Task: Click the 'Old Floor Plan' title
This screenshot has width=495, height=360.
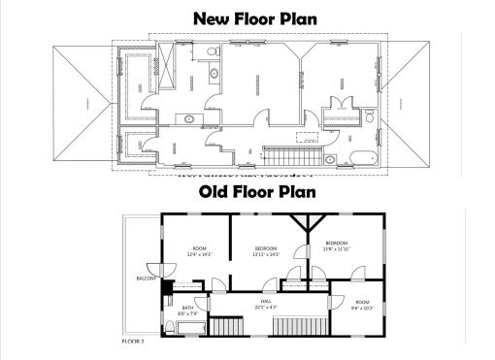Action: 257,192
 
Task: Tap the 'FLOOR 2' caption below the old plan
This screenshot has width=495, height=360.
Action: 133,342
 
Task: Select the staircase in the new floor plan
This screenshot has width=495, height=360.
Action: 291,154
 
